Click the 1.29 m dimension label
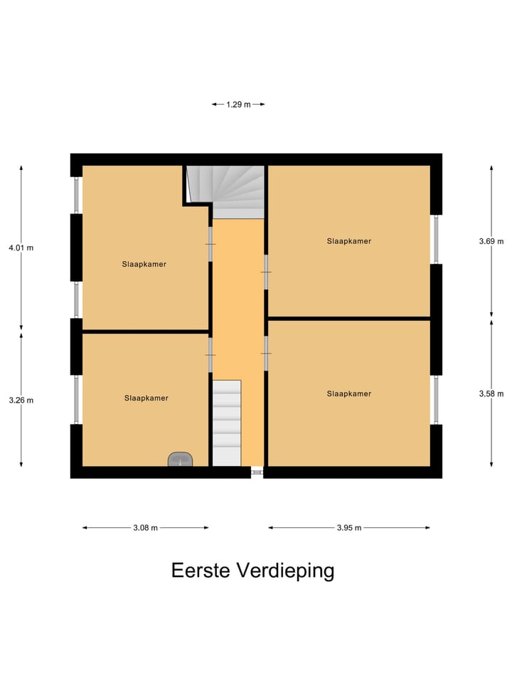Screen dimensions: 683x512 [238, 105]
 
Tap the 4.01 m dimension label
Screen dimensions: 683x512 [21, 248]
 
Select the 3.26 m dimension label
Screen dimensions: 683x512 [21, 400]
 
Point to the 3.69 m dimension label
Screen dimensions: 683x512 [491, 241]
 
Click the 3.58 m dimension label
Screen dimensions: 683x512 [491, 393]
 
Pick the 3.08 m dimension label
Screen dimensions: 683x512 [145, 528]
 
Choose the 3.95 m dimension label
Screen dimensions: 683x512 [348, 528]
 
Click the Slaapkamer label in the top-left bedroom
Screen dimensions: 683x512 [144, 264]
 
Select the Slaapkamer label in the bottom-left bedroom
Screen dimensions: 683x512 [146, 398]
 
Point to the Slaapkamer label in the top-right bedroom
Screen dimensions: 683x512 [349, 241]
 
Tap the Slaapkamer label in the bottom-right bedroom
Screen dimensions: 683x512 [349, 393]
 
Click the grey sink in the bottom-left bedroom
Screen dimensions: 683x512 [181, 460]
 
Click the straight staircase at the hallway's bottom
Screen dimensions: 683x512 [227, 423]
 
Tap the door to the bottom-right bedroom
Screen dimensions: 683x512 [265, 353]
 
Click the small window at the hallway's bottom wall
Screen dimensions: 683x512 [257, 471]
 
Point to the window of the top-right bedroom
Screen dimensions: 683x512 [436, 239]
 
